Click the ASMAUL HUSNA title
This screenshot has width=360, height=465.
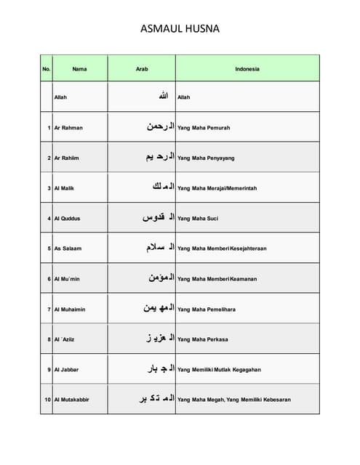(180, 30)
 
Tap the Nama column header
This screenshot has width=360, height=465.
(79, 69)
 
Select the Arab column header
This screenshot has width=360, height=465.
(142, 69)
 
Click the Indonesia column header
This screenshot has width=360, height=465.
(247, 69)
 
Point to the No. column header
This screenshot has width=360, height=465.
(47, 69)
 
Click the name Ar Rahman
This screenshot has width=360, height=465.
(68, 128)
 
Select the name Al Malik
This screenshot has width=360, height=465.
(64, 188)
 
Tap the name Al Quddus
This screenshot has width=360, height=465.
(67, 218)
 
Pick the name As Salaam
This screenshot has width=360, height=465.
(68, 248)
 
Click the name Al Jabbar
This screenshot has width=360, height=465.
(66, 370)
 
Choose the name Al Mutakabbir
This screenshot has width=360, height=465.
(72, 400)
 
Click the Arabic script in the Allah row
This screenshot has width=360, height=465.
(164, 97)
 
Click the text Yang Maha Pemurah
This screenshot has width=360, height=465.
(204, 128)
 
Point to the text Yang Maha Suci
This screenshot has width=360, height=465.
(198, 218)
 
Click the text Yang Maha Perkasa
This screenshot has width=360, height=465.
(203, 339)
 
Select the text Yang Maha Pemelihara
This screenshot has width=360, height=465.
(207, 310)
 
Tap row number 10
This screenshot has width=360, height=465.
(47, 400)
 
